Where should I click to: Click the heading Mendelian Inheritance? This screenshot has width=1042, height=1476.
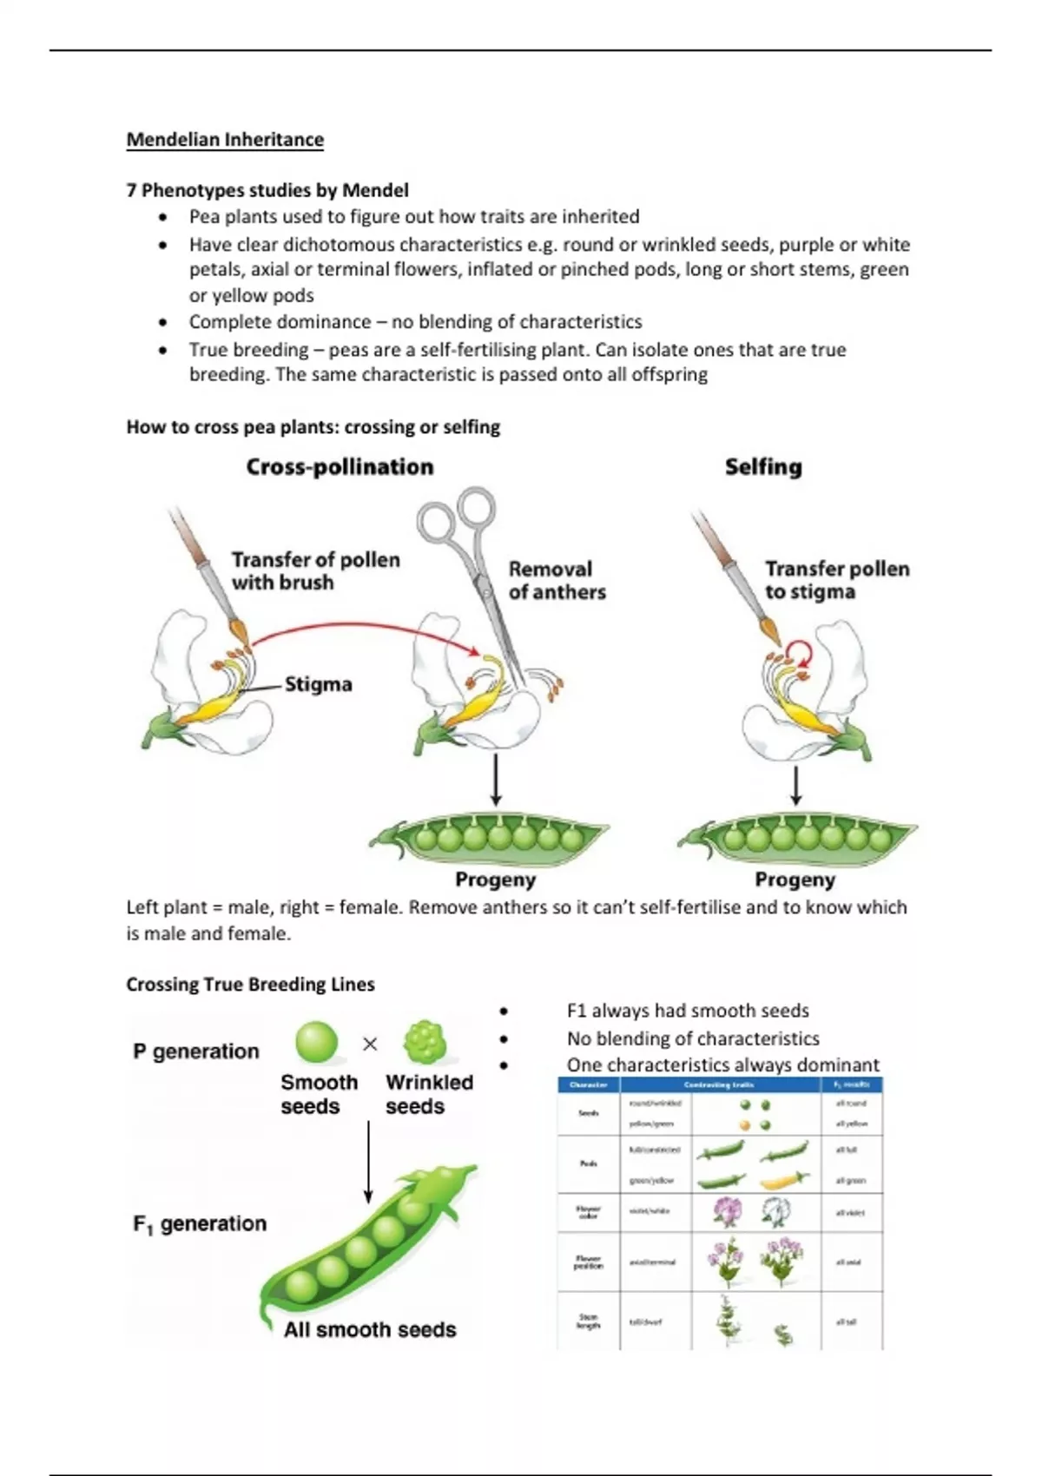225,140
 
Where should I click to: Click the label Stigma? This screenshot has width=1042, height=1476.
318,684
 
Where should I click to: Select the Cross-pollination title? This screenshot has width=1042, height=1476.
340,467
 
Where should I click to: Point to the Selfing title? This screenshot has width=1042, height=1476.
763,467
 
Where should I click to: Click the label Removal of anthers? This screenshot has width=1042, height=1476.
557,581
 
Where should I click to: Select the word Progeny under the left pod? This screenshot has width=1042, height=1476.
495,880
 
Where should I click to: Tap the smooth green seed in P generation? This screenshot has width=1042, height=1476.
316,1043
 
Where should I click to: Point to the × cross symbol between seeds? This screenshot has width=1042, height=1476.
370,1044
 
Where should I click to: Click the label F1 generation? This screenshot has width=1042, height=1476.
200,1223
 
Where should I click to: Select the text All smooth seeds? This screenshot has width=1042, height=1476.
370,1329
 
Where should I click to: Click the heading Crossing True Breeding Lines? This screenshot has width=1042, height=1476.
250,985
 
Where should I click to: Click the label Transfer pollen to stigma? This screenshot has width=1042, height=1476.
836,580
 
